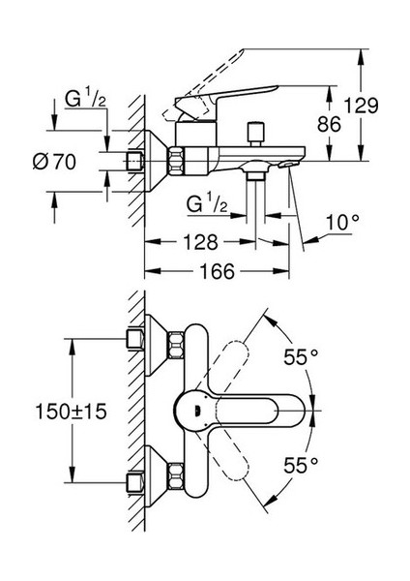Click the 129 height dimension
(x=361, y=106)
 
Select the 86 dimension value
(x=329, y=124)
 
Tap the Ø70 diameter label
(x=54, y=162)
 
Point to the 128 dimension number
(x=201, y=242)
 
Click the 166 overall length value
(x=217, y=271)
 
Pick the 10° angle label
(x=342, y=223)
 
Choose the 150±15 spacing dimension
(x=71, y=412)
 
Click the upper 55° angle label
(x=301, y=356)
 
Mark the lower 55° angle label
(x=301, y=465)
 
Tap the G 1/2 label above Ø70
(x=85, y=99)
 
